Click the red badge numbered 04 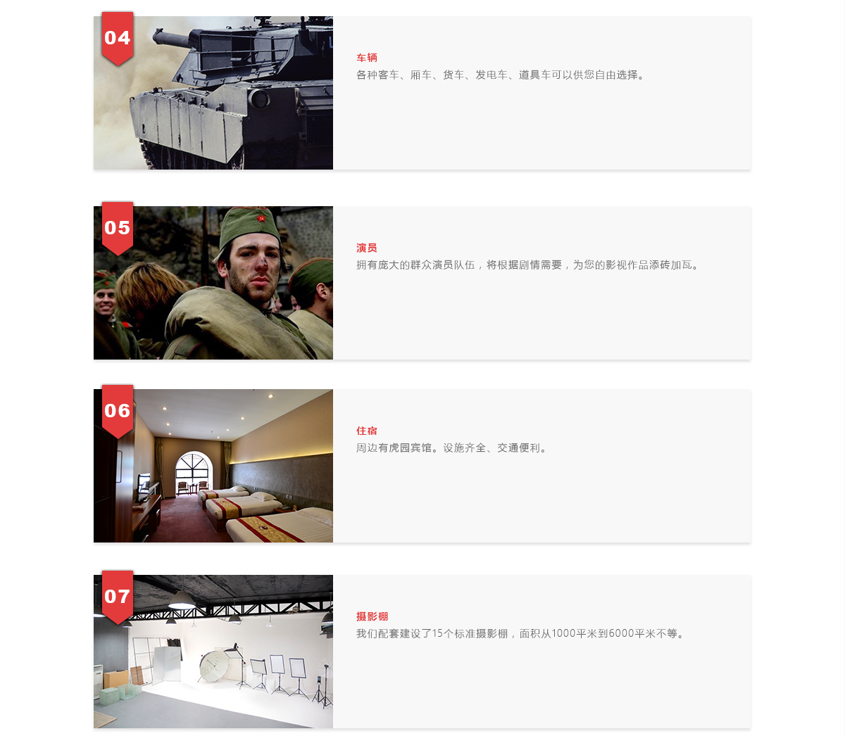click(x=118, y=39)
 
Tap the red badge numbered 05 click(x=118, y=228)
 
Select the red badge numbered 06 click(x=118, y=411)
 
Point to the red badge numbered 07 click(x=118, y=597)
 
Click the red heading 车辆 click(x=367, y=58)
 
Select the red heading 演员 click(x=367, y=248)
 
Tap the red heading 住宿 click(x=367, y=431)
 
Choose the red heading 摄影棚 click(x=372, y=617)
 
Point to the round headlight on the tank click(x=259, y=99)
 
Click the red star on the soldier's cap click(x=261, y=218)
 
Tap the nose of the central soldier click(x=261, y=266)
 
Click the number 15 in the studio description click(x=437, y=634)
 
